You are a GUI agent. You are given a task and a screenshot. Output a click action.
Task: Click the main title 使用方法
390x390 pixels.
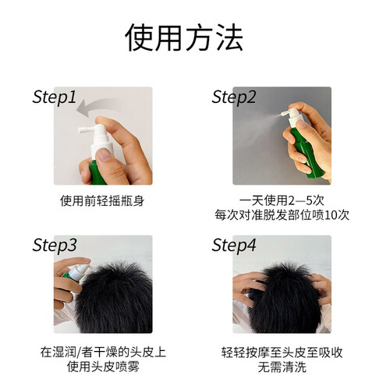(x=184, y=37)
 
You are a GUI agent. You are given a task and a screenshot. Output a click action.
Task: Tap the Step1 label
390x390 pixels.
(x=55, y=97)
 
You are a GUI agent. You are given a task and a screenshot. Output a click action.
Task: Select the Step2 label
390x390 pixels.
(x=234, y=97)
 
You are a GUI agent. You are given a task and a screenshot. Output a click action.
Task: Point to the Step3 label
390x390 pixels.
(x=55, y=245)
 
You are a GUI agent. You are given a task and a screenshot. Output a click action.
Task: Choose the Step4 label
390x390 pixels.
(x=234, y=245)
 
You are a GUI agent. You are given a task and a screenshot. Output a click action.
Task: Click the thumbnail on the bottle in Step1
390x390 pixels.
(x=105, y=154)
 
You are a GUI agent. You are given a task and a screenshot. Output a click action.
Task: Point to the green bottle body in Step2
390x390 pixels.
(x=307, y=154)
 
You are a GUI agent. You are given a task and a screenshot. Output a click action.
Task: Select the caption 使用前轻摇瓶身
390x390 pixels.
(x=102, y=201)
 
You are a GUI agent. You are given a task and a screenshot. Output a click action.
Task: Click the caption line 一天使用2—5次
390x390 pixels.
(x=282, y=200)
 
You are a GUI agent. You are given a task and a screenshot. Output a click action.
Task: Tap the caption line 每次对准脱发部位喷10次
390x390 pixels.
(x=282, y=215)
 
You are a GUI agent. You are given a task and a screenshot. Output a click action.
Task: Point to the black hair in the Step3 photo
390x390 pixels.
(x=115, y=299)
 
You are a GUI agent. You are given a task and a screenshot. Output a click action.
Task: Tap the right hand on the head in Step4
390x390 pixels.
(x=321, y=289)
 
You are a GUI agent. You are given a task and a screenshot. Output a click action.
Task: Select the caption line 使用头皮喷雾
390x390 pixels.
(x=103, y=367)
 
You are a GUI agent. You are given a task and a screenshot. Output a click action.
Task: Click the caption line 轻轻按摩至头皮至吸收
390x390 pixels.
(x=282, y=353)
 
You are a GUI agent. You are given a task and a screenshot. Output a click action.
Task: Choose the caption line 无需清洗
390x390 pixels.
(x=282, y=367)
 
